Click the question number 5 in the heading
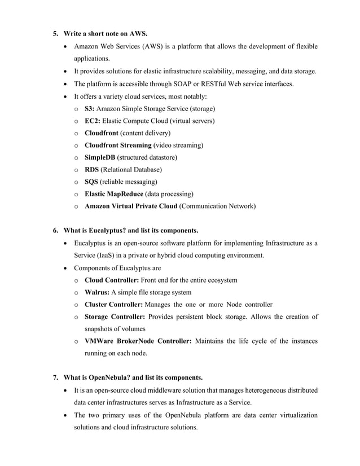coord(55,33)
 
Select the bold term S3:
coord(90,108)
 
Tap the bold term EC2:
coord(93,120)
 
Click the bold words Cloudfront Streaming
coord(118,145)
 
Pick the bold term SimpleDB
coord(100,157)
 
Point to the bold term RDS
coord(91,169)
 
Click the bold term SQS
coord(91,182)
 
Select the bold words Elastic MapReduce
coord(113,194)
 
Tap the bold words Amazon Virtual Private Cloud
coord(131,206)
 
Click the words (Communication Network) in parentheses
coord(217,206)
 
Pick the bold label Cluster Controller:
coord(114,305)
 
